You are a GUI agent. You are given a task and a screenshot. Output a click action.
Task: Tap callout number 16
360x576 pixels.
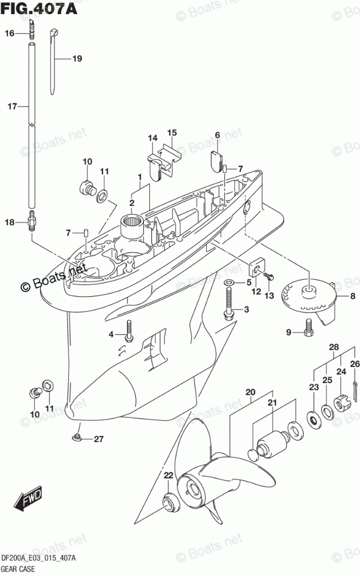[9, 34]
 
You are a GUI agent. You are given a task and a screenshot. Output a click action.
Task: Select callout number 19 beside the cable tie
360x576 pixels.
[77, 58]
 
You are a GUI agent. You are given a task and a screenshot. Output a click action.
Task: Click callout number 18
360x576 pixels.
[9, 222]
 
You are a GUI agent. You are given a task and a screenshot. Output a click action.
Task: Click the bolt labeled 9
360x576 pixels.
[308, 332]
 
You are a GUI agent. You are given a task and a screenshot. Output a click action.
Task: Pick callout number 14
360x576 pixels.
[153, 138]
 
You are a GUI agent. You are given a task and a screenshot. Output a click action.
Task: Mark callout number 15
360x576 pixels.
[172, 132]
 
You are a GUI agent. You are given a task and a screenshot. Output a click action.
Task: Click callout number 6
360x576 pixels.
[217, 135]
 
